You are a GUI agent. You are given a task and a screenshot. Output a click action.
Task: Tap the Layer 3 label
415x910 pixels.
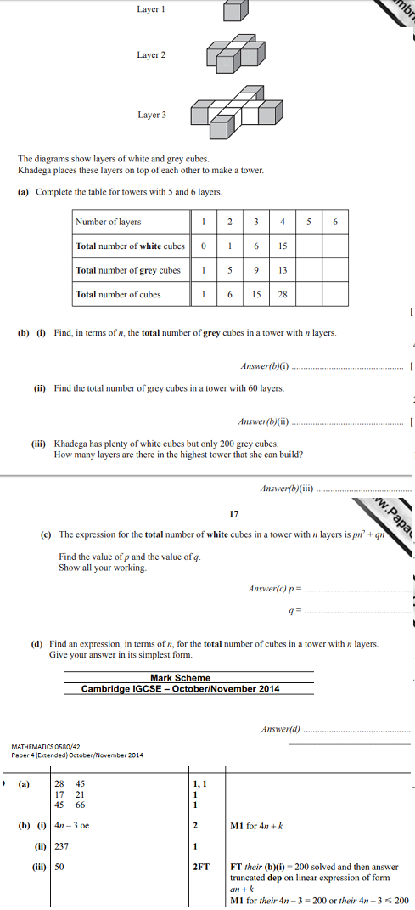coord(152,115)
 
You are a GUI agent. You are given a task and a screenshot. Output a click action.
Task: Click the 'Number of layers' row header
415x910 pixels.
coord(108,222)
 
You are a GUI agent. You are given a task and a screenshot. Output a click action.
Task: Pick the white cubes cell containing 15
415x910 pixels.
coord(282,246)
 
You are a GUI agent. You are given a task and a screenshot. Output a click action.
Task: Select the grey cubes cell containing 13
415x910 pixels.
coord(282,270)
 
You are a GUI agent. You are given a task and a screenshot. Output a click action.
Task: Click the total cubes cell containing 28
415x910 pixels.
coord(282,295)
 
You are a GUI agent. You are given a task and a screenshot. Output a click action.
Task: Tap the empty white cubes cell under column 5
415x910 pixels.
coord(309,246)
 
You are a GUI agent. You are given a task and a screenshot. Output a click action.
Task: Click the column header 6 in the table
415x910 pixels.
coord(335,222)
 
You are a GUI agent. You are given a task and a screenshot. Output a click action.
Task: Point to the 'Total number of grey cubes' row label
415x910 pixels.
coord(128,270)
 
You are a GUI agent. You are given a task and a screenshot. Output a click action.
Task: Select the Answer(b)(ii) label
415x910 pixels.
coord(264,421)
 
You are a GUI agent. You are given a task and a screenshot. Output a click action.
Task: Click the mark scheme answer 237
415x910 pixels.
coord(61,846)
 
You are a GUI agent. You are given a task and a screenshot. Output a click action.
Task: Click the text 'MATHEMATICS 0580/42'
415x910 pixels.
coord(46,747)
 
